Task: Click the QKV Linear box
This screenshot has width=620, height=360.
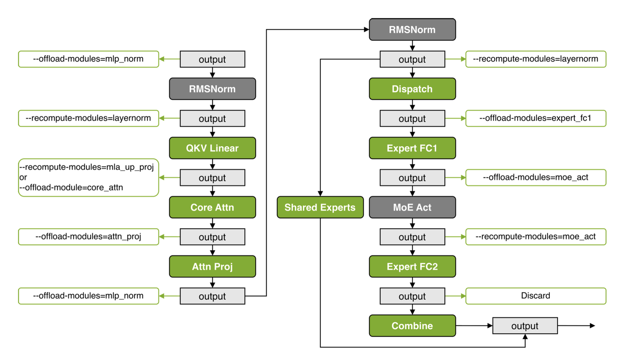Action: (212, 148)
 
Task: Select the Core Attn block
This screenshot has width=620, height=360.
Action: (212, 208)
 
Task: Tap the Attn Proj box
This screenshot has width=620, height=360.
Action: (212, 267)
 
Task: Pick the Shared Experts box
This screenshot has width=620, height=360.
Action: (320, 208)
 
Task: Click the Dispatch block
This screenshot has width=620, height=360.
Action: (412, 89)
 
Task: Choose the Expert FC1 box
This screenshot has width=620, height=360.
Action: (412, 148)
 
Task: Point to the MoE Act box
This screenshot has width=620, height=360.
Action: (412, 208)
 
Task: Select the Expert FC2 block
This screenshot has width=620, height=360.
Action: (412, 267)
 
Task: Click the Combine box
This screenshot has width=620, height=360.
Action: (412, 326)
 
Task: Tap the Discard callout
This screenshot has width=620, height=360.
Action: (536, 296)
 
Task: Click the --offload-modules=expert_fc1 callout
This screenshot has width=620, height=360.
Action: (536, 118)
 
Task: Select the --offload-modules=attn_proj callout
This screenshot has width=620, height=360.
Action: (89, 237)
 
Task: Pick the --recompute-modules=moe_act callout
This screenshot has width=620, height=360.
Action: (536, 237)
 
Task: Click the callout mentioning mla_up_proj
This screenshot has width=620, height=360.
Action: (89, 177)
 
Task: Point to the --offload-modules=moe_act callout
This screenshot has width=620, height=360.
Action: (536, 177)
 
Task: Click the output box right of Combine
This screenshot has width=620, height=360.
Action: (525, 326)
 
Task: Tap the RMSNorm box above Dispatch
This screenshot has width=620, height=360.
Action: (412, 30)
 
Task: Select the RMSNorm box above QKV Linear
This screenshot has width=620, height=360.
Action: (212, 89)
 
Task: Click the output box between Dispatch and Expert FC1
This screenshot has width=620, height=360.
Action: (412, 118)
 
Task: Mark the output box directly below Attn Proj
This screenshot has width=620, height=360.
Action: (212, 296)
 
